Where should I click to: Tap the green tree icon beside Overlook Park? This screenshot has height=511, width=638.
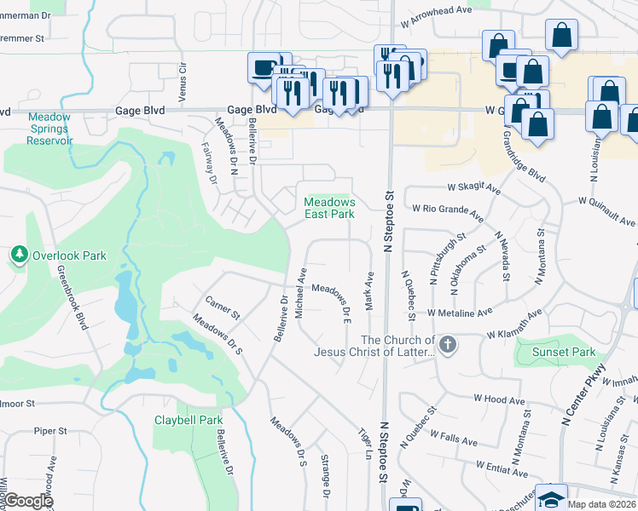click(x=19, y=255)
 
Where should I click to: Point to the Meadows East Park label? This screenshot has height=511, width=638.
click(x=329, y=208)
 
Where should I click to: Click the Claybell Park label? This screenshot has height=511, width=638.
click(x=188, y=420)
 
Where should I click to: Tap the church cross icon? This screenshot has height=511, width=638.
click(x=448, y=345)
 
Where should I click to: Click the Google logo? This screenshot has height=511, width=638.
click(x=27, y=501)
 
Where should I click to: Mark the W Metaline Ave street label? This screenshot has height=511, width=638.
click(x=461, y=313)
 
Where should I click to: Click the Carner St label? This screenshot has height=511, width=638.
click(x=223, y=307)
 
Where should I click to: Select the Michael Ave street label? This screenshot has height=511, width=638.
click(x=300, y=293)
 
